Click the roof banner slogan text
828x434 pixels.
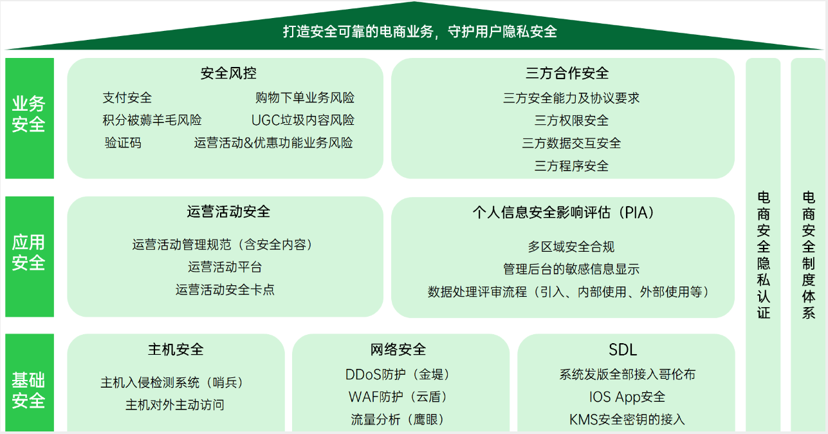click(x=420, y=32)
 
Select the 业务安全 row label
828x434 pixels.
click(x=28, y=114)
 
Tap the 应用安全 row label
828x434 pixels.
click(x=28, y=252)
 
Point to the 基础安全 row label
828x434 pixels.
click(x=28, y=390)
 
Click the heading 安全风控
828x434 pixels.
click(x=228, y=73)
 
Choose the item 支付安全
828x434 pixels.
click(x=127, y=98)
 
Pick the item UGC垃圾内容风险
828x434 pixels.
click(x=303, y=120)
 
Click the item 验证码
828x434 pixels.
click(x=123, y=143)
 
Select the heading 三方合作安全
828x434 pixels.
click(x=567, y=73)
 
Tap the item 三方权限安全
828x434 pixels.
click(x=571, y=120)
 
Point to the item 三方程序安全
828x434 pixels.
click(x=571, y=165)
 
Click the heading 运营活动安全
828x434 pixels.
click(x=228, y=212)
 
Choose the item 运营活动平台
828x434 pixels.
click(x=225, y=267)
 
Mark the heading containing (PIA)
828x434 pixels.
click(x=564, y=212)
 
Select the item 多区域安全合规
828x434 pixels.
click(x=571, y=247)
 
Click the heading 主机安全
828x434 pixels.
click(x=176, y=349)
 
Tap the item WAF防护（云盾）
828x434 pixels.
click(x=398, y=397)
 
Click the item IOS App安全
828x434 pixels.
click(x=627, y=397)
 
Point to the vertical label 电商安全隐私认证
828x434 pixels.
click(x=763, y=255)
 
